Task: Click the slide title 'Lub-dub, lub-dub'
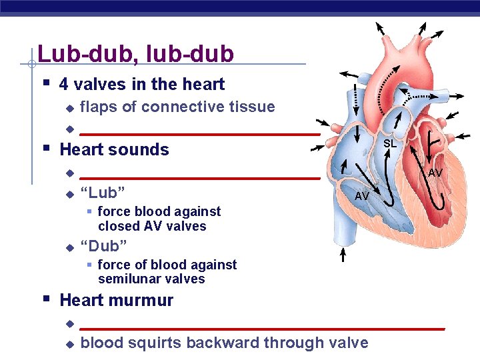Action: tap(136, 54)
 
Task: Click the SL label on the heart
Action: tap(390, 143)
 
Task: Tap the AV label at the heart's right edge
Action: tap(435, 173)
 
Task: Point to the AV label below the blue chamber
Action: tap(362, 196)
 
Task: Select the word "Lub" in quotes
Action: tap(103, 193)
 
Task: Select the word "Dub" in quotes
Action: tap(103, 247)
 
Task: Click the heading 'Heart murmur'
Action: tap(116, 300)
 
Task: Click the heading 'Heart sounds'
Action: tap(114, 149)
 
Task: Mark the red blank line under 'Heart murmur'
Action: tap(262, 329)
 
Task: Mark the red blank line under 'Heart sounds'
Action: tap(200, 178)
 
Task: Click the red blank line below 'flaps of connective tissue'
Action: tap(200, 134)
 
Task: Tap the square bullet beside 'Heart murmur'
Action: tap(46, 299)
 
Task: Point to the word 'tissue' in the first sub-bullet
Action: tap(252, 107)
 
